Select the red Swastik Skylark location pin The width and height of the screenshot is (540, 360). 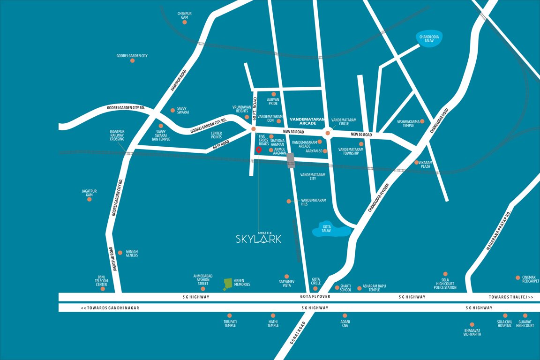pyautogui.click(x=258, y=150)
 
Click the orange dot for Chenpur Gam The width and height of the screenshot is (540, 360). pyautogui.click(x=185, y=22)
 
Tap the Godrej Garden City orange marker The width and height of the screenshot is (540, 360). pyautogui.click(x=132, y=61)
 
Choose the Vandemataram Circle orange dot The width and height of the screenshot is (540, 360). pyautogui.click(x=328, y=134)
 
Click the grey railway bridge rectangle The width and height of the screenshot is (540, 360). pyautogui.click(x=291, y=160)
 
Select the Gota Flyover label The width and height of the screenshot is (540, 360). pyautogui.click(x=315, y=297)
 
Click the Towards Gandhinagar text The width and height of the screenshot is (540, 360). pyautogui.click(x=110, y=308)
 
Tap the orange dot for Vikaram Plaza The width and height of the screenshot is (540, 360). pyautogui.click(x=417, y=163)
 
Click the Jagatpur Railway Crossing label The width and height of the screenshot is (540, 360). pyautogui.click(x=117, y=135)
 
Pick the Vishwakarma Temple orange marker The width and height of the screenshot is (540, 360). pyautogui.click(x=422, y=121)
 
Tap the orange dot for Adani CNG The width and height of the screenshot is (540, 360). pyautogui.click(x=345, y=315)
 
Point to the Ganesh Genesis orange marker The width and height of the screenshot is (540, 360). pyautogui.click(x=120, y=252)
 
